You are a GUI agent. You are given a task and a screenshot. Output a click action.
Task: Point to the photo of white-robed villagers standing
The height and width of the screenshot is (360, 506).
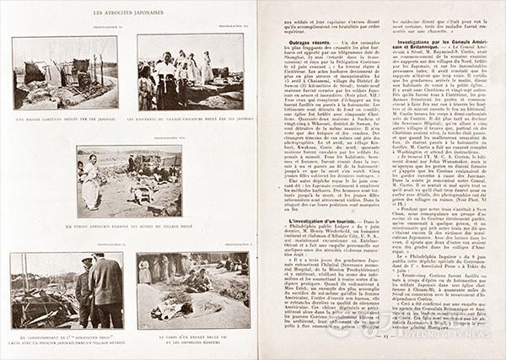(x=190, y=72)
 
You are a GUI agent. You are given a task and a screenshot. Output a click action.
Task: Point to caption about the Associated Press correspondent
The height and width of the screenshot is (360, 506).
(x=67, y=339)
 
